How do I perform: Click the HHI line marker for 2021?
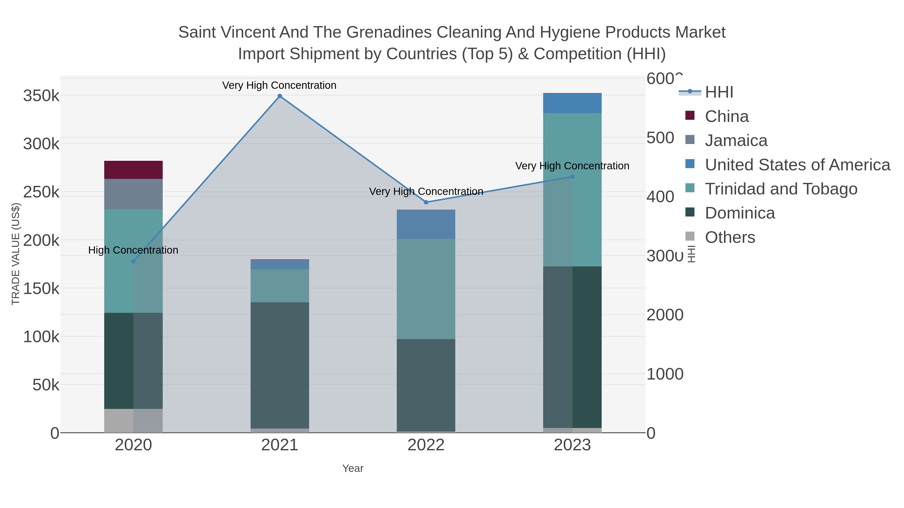280,96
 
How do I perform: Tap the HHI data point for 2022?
426,202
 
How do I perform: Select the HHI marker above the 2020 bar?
133,261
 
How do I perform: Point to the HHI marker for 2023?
572,177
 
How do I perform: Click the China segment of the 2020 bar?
133,170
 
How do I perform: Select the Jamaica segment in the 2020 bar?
133,194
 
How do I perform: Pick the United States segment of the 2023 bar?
572,103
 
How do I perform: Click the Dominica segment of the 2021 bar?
280,365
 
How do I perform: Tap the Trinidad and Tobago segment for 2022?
426,289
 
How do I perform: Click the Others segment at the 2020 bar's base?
133,420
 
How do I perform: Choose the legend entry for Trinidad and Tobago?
781,189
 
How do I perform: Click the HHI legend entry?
719,92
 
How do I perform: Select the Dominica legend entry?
740,213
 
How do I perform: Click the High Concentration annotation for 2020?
133,250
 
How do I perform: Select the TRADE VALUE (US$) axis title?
16,254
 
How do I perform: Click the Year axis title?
353,468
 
